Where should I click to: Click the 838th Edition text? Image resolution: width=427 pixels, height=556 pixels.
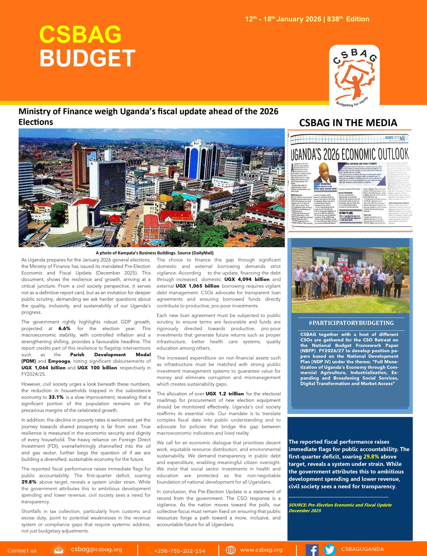click(x=348, y=19)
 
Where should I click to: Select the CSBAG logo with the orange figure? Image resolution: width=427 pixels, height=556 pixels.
click(x=354, y=75)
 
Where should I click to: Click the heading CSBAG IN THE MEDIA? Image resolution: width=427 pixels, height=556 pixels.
click(x=348, y=123)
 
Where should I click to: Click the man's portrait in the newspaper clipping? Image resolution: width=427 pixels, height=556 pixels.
click(x=325, y=173)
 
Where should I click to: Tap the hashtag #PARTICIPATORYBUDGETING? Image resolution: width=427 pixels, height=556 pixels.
click(x=351, y=323)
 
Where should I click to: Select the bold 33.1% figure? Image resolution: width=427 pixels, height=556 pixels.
click(x=56, y=397)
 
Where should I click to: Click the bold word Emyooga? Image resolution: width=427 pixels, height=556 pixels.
click(x=59, y=361)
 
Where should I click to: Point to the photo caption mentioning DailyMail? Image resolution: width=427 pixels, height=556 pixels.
click(x=155, y=253)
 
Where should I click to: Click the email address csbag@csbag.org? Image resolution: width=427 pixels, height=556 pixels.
click(x=97, y=549)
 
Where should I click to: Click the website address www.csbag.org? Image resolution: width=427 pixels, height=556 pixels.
click(x=261, y=550)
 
